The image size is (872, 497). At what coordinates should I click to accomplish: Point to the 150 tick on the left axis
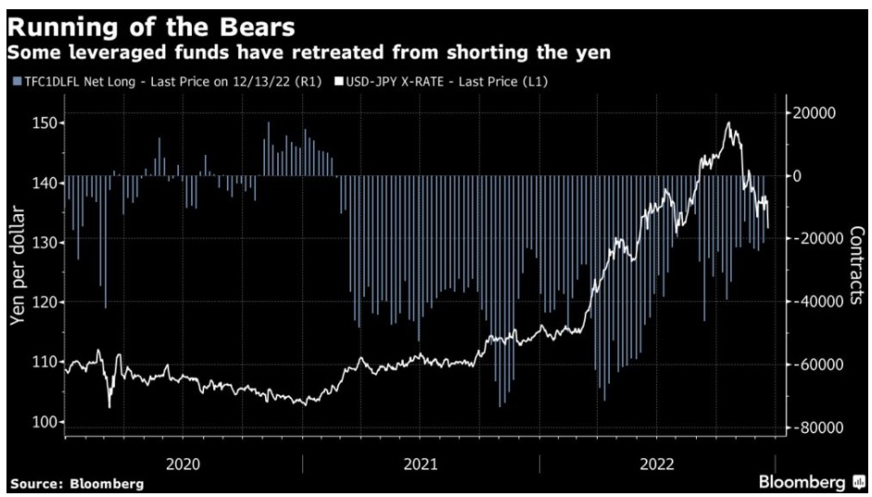[43, 122]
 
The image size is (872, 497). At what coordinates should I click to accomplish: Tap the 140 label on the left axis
[43, 183]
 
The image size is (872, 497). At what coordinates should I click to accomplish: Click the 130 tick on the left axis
[43, 242]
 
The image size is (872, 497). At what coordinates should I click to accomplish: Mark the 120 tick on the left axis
[43, 302]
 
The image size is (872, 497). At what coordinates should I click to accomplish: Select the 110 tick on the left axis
[43, 362]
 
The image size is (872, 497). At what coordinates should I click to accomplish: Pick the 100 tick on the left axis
[43, 422]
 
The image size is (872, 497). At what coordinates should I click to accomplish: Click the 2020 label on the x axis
[183, 463]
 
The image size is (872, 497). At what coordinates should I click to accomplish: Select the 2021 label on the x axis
[422, 463]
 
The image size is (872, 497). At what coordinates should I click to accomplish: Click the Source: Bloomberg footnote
[77, 484]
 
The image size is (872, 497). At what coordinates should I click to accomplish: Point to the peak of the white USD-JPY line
[729, 123]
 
